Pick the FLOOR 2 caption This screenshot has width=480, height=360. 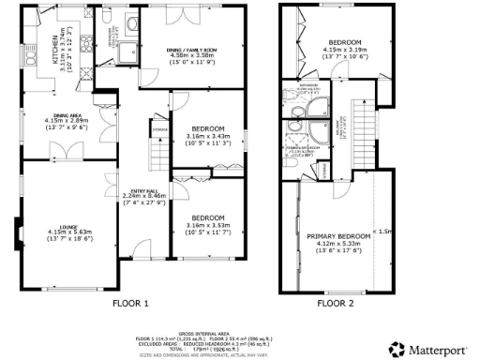[x=336, y=304]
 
